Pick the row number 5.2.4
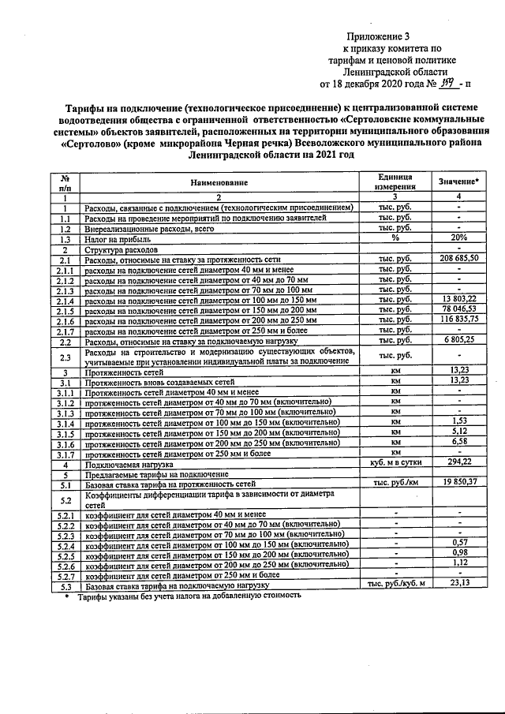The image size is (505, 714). (x=66, y=544)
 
